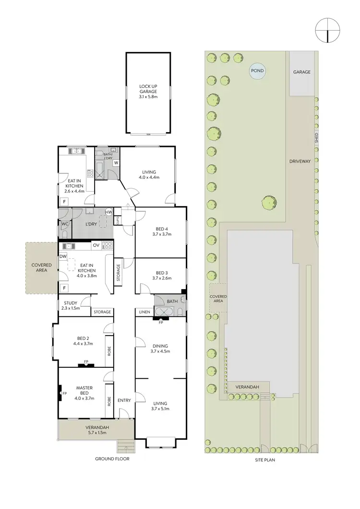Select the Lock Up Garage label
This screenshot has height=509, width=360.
(x=148, y=92)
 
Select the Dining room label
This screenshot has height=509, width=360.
(x=161, y=348)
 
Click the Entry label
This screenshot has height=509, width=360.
(x=124, y=400)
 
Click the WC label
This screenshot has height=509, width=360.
(x=65, y=223)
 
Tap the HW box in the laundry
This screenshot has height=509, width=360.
(x=109, y=212)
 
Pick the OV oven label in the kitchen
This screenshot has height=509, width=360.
(x=96, y=245)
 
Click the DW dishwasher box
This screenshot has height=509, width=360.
(x=63, y=256)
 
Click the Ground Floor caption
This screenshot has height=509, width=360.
(x=112, y=459)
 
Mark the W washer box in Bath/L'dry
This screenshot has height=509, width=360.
(x=116, y=163)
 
